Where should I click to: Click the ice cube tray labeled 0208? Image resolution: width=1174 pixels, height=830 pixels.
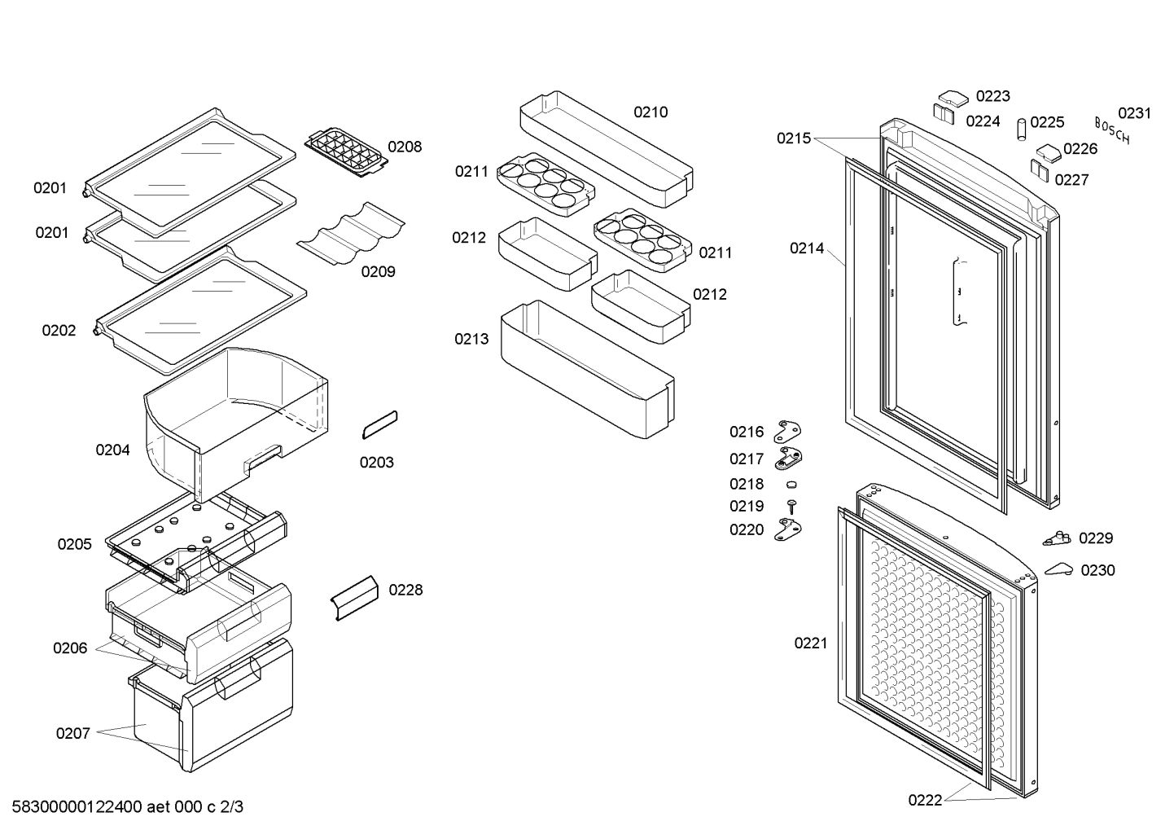(346, 152)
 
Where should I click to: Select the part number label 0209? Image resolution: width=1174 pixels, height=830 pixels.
(378, 271)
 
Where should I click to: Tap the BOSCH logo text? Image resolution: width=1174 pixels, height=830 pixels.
(1112, 130)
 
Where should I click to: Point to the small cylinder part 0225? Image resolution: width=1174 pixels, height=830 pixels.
(1022, 130)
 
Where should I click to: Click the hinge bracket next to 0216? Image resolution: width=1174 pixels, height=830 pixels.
(788, 431)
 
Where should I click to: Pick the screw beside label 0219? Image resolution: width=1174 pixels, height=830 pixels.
(792, 507)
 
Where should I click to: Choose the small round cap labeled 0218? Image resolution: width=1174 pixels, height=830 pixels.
(791, 484)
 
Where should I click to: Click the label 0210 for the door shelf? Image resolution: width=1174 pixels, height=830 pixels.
(651, 112)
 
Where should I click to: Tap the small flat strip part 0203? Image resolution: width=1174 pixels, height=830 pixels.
(380, 424)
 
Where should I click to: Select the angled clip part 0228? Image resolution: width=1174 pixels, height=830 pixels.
(354, 598)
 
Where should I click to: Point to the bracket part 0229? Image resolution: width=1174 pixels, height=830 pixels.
(1057, 538)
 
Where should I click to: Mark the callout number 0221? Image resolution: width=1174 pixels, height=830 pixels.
(811, 643)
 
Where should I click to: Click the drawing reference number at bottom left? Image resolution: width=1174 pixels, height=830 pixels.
(127, 807)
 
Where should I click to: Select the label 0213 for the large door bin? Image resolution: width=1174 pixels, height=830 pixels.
(471, 339)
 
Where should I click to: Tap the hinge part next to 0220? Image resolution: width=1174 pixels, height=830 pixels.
(788, 529)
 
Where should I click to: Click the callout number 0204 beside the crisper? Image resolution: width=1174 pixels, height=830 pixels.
(112, 450)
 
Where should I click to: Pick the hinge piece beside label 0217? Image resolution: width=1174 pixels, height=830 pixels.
(788, 459)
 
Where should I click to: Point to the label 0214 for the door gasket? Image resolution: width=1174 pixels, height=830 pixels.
(807, 248)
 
